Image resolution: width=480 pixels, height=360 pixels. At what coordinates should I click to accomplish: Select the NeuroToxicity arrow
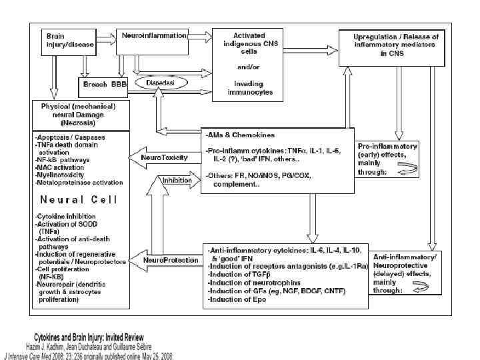[163, 158]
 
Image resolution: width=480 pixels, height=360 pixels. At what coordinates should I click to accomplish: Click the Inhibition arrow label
[176, 179]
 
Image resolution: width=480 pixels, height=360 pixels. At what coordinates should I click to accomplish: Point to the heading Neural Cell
[79, 199]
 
